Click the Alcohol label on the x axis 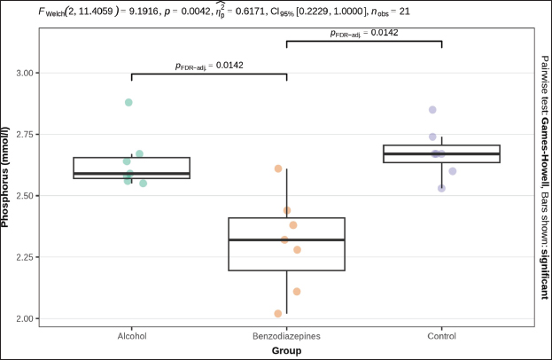click(x=131, y=337)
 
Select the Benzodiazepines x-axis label click(x=286, y=337)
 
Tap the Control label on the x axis click(x=441, y=337)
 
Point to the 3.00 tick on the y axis click(x=27, y=73)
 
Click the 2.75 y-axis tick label click(x=27, y=134)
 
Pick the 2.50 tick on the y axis click(x=27, y=196)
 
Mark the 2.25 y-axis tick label click(x=27, y=257)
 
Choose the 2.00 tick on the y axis click(x=27, y=318)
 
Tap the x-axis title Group click(x=286, y=350)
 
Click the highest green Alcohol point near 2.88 click(x=128, y=103)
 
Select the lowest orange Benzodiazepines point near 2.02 click(x=278, y=314)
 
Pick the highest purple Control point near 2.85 click(x=432, y=110)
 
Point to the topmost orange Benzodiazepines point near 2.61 click(x=278, y=168)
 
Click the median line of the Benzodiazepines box click(x=286, y=240)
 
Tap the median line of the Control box click(x=441, y=154)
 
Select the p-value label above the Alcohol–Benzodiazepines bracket click(x=208, y=65)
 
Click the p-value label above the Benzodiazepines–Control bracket click(x=363, y=33)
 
